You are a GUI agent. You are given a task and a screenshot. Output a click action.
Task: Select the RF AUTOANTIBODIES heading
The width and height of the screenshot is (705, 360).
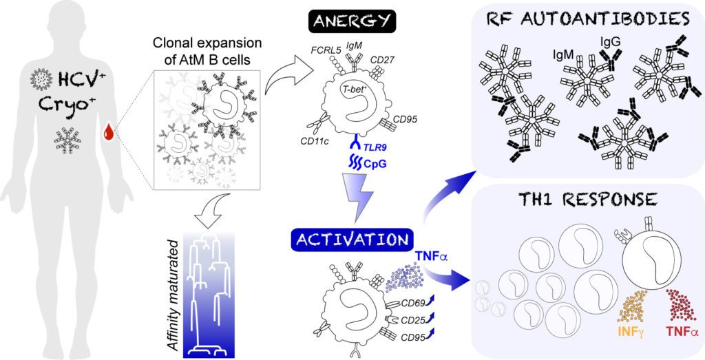pyautogui.click(x=587, y=19)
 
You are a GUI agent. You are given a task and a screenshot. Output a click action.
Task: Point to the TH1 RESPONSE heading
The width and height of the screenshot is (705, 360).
pyautogui.click(x=587, y=200)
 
